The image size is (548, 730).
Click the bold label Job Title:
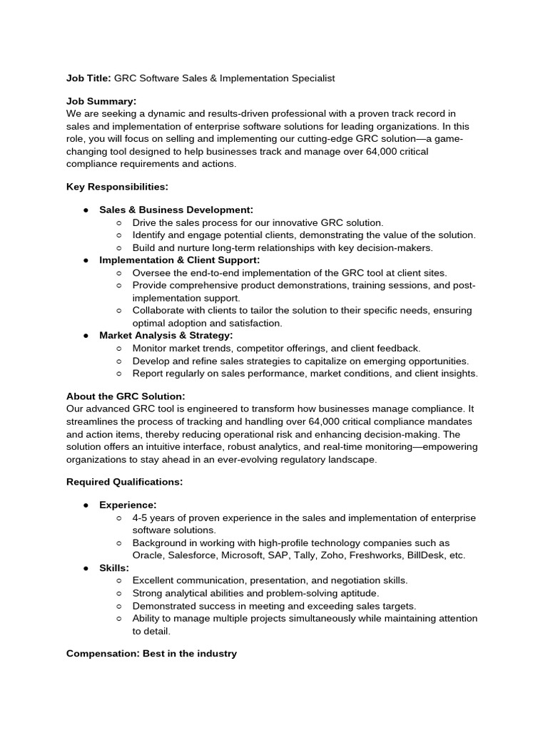pos(88,78)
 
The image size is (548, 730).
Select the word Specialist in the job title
pos(310,78)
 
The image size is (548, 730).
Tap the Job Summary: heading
pos(101,102)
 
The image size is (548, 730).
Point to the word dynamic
pos(155,114)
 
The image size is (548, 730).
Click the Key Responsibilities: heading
pos(117,187)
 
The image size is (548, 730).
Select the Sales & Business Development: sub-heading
pos(176,210)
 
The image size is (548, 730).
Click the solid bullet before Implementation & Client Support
pos(86,260)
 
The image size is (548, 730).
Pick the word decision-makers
pos(400,248)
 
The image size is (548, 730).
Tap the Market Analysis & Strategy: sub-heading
pos(166,335)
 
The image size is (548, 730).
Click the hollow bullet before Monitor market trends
pos(118,348)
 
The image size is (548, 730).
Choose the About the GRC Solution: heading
pos(126,396)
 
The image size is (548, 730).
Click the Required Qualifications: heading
pos(124,482)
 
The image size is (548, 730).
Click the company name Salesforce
pos(193,555)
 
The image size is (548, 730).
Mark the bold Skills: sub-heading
pos(114,568)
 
